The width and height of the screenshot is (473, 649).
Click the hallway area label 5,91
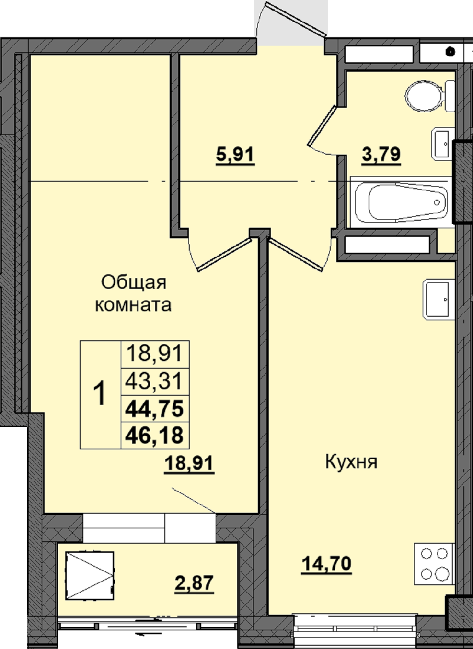(235, 155)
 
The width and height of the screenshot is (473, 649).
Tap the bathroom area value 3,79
(381, 155)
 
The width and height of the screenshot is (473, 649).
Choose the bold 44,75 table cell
(154, 409)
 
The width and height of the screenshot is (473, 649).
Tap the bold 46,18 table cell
(154, 435)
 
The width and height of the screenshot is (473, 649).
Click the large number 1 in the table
(100, 394)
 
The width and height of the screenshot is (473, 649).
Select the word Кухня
(351, 461)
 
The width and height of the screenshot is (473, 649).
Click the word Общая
(134, 283)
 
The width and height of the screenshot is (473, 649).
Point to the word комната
(133, 305)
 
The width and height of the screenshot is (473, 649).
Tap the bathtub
(402, 202)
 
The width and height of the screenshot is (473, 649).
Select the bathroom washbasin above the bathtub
(443, 144)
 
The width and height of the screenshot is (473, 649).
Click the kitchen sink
(438, 299)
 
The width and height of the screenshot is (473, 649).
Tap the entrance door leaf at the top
(296, 20)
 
